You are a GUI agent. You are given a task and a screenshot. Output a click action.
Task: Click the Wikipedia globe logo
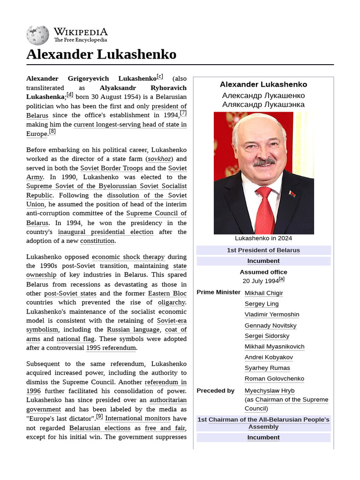pos(37,34)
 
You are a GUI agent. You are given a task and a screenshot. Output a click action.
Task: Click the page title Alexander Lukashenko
pos(101,54)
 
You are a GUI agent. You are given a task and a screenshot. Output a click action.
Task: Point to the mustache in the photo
pos(264,163)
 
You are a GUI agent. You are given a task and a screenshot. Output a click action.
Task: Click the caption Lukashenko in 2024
pos(263,238)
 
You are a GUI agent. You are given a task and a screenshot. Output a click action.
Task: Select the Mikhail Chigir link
pos(264,293)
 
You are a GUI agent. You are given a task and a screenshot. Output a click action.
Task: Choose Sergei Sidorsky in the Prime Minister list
pos(267,336)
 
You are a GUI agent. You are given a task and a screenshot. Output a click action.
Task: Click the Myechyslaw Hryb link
pos(270,390)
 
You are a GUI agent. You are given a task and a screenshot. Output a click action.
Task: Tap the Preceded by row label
pos(216,390)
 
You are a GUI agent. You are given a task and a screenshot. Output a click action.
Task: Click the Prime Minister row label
pos(218,292)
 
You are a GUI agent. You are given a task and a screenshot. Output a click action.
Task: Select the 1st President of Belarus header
pos(263,250)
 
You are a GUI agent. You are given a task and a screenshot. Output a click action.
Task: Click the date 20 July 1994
pos(261,281)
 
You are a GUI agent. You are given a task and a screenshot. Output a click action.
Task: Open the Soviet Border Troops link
pos(112,168)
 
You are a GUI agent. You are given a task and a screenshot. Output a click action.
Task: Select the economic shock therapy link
pos(128,257)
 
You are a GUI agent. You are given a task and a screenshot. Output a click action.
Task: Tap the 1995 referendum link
pos(111,348)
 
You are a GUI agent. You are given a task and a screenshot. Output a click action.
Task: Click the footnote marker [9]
pos(99,416)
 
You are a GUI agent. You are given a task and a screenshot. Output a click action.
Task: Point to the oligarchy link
pos(172,302)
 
